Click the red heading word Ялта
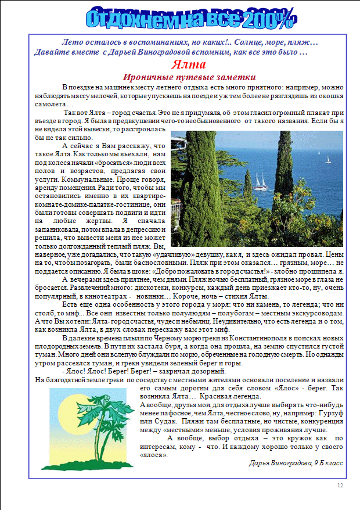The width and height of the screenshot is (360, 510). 187,65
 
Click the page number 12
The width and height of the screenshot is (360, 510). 340,486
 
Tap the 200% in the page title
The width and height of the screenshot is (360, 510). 268,19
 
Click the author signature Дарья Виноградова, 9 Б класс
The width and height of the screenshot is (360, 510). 296,463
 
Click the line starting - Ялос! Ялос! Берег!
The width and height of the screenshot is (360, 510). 143,371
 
